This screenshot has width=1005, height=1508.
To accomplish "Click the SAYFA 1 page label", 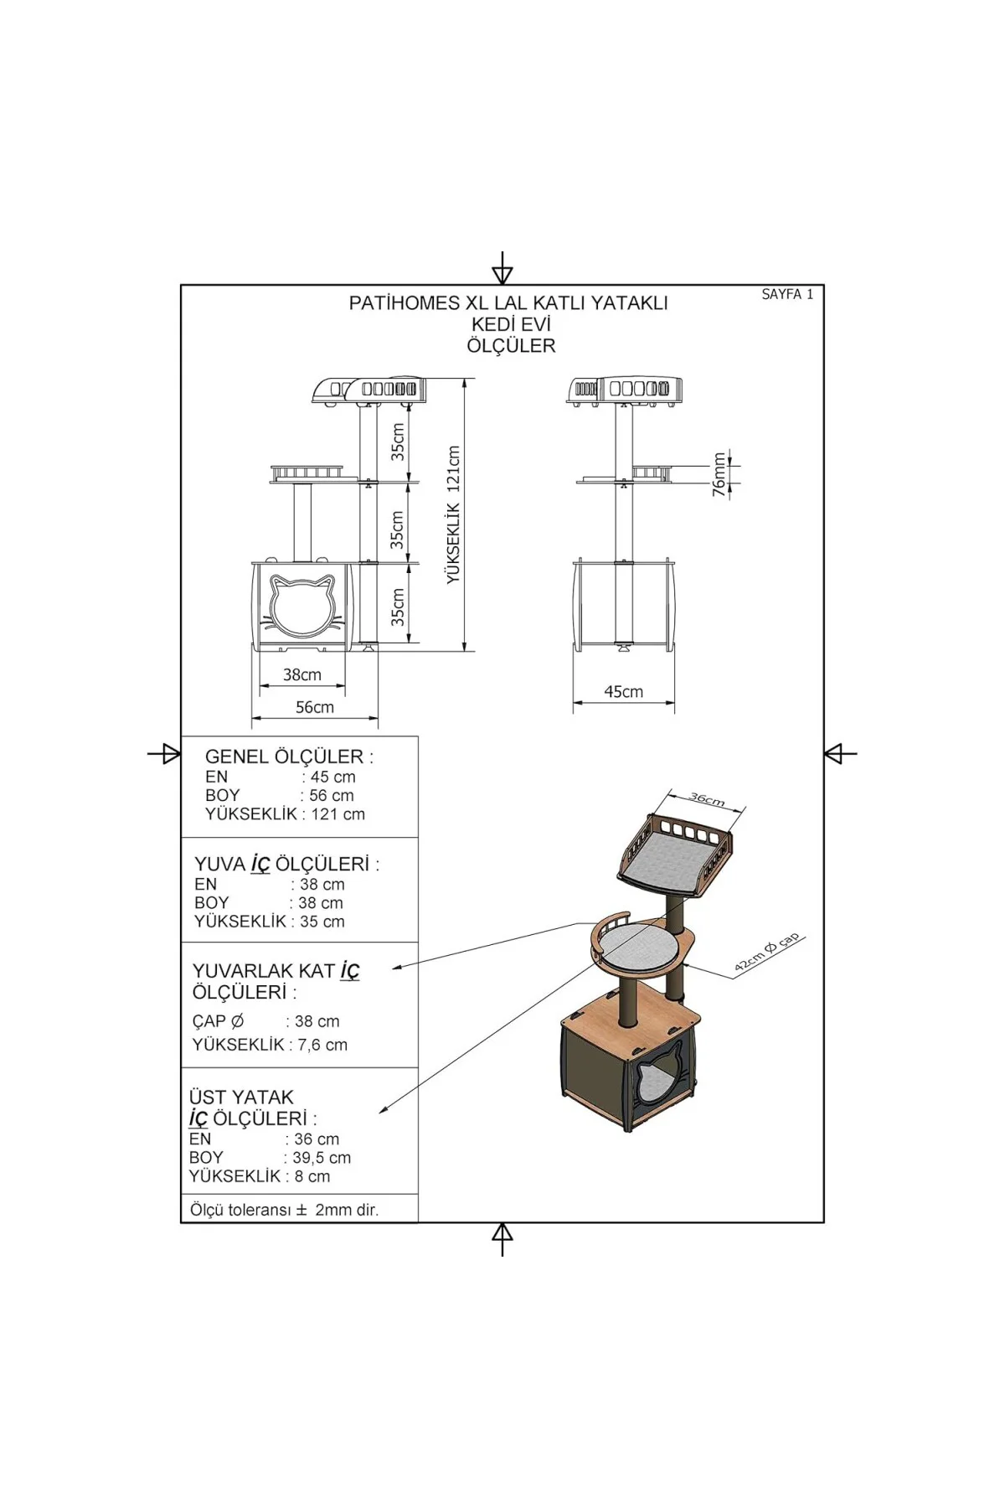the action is click(x=787, y=294).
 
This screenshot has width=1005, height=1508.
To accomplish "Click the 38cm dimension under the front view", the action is click(x=302, y=674).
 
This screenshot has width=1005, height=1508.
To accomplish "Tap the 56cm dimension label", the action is click(x=315, y=707).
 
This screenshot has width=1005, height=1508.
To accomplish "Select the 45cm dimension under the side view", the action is click(x=624, y=691).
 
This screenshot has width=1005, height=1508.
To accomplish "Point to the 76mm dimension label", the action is click(x=719, y=475).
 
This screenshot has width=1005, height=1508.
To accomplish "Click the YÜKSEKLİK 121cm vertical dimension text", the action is click(x=454, y=514).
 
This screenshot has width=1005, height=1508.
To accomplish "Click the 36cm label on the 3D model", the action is click(x=707, y=798).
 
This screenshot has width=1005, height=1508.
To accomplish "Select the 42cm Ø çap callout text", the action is click(x=767, y=953).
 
